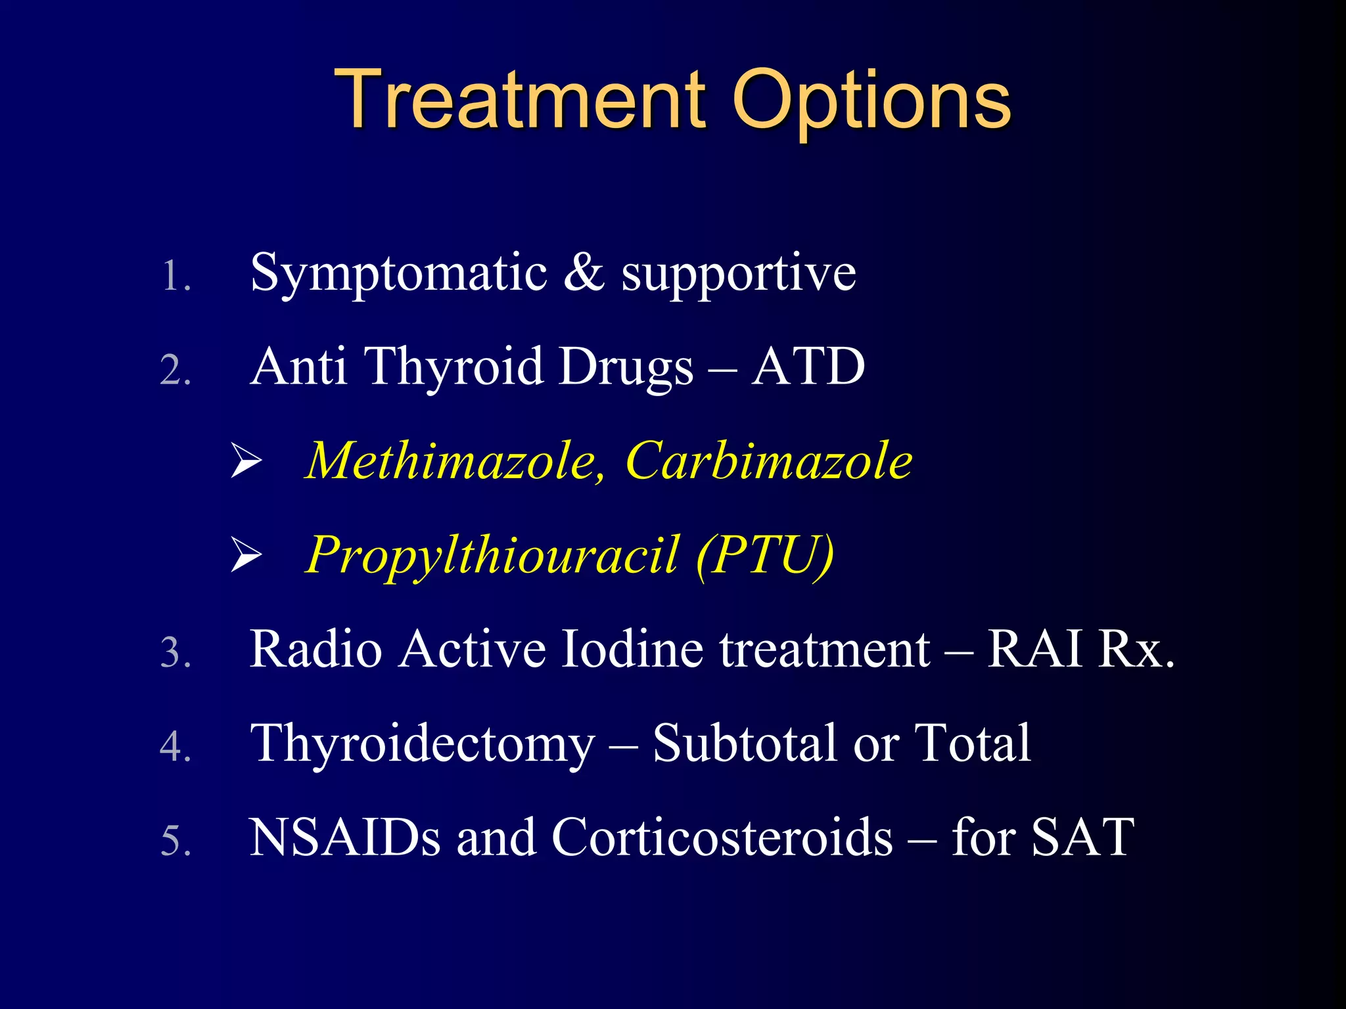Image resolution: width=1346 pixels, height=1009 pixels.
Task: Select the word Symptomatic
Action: tap(398, 273)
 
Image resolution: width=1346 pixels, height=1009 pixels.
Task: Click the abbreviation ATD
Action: tap(808, 367)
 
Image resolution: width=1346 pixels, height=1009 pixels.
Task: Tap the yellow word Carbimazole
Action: tap(769, 461)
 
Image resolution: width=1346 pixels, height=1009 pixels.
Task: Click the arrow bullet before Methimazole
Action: tap(246, 461)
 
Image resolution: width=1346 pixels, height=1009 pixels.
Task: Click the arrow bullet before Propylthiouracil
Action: tap(246, 555)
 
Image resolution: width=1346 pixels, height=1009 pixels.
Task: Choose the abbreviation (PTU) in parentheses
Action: tap(765, 556)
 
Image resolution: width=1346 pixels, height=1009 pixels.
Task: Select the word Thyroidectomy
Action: tap(423, 744)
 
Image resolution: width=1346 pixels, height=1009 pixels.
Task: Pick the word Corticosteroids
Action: tap(722, 838)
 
